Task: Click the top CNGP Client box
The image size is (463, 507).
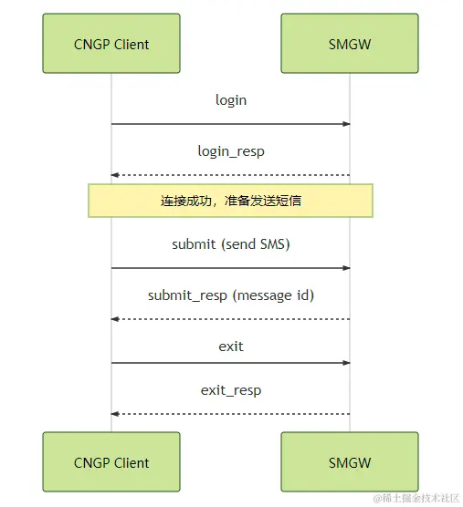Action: [x=111, y=43]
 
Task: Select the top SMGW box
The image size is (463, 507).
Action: [x=350, y=43]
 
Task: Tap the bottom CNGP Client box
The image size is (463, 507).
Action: [x=111, y=461]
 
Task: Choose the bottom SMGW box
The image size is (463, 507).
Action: [x=350, y=461]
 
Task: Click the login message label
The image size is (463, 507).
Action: [x=231, y=100]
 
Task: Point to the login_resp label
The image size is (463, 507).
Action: [x=231, y=151]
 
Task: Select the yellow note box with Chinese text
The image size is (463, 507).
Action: [x=230, y=201]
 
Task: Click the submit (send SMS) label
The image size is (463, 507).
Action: [x=231, y=244]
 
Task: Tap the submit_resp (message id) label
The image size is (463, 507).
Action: [x=231, y=295]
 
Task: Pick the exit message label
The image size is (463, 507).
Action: [x=231, y=347]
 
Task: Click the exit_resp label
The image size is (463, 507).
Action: [x=231, y=390]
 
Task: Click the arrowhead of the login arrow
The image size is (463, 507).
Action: [x=346, y=124]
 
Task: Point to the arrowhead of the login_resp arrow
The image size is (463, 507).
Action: [x=115, y=175]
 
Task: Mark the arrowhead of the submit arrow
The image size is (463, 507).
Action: [x=346, y=268]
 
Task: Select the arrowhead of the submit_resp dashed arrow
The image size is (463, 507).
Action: [x=115, y=319]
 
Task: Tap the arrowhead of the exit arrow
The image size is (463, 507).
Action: [x=346, y=363]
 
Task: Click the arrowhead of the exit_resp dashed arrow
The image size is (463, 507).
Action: [x=115, y=414]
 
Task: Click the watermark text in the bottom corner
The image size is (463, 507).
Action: [x=416, y=498]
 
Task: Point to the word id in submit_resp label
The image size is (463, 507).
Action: [x=304, y=295]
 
